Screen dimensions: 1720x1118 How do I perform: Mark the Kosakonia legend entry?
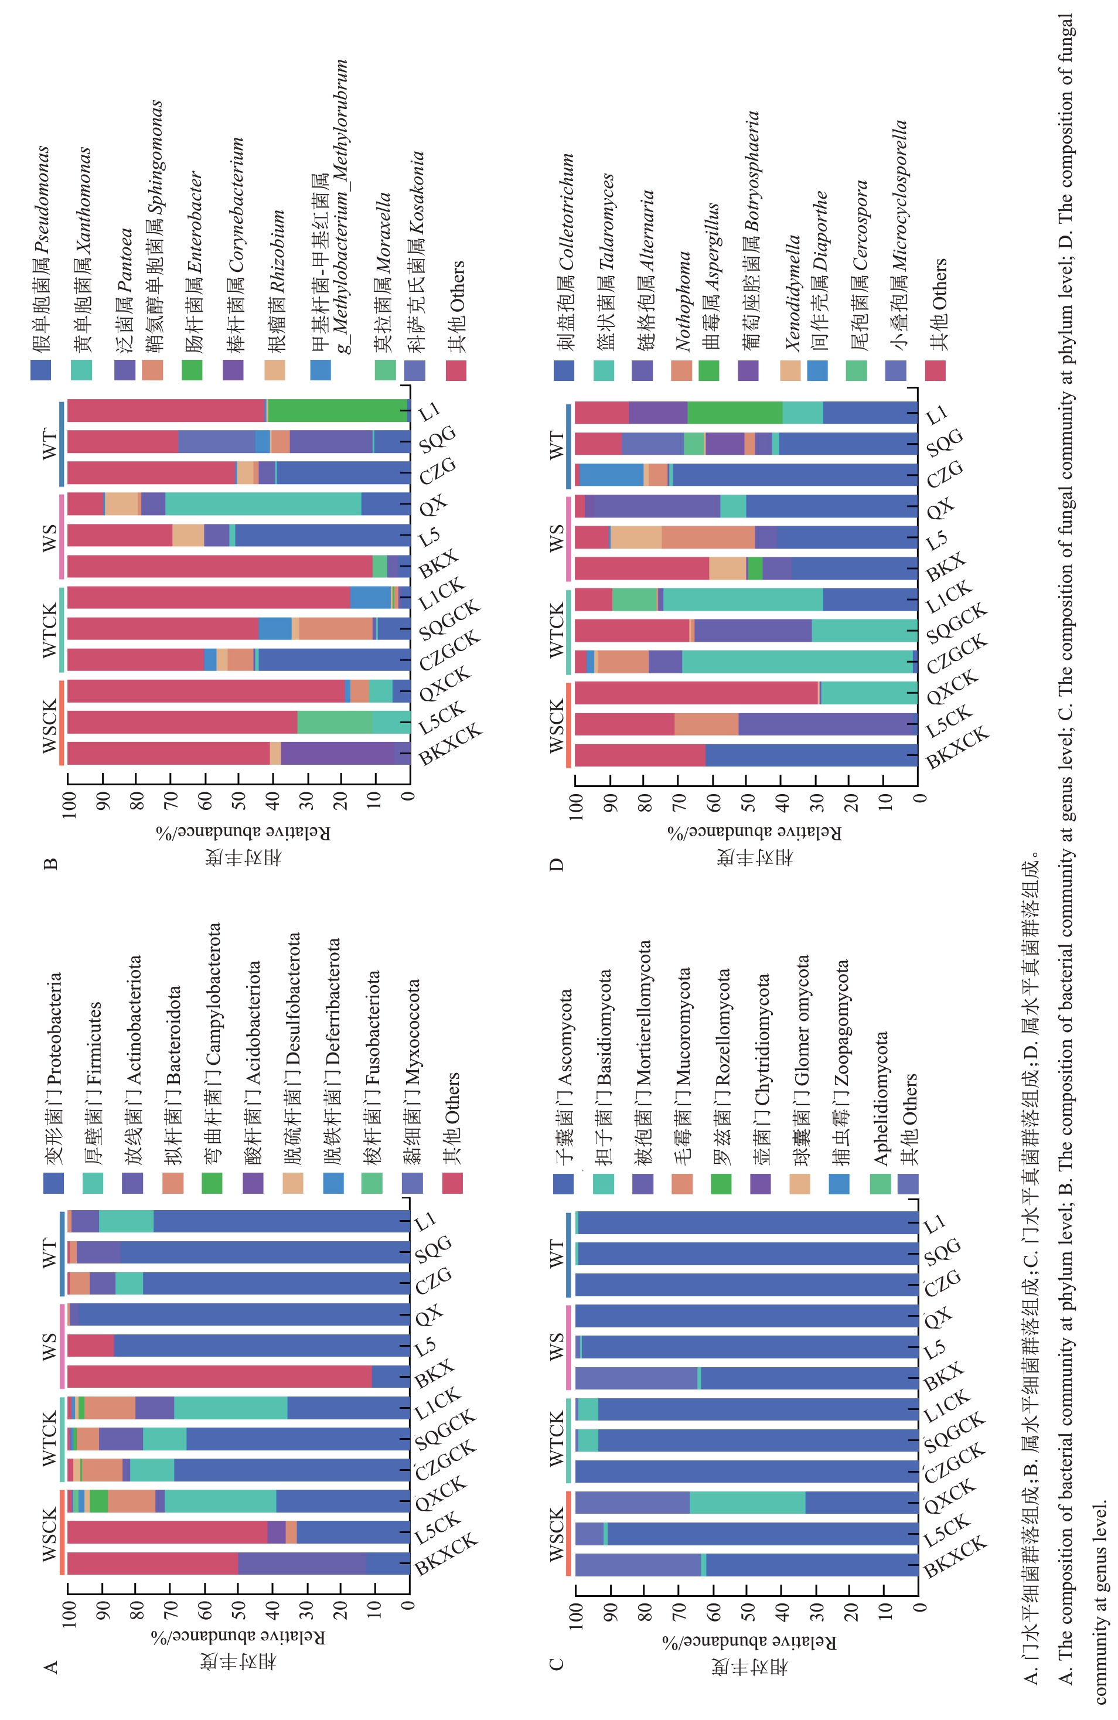(x=415, y=253)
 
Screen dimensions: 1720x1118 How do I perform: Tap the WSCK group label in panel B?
(x=49, y=726)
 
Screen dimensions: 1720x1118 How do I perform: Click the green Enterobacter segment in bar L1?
(x=338, y=410)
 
